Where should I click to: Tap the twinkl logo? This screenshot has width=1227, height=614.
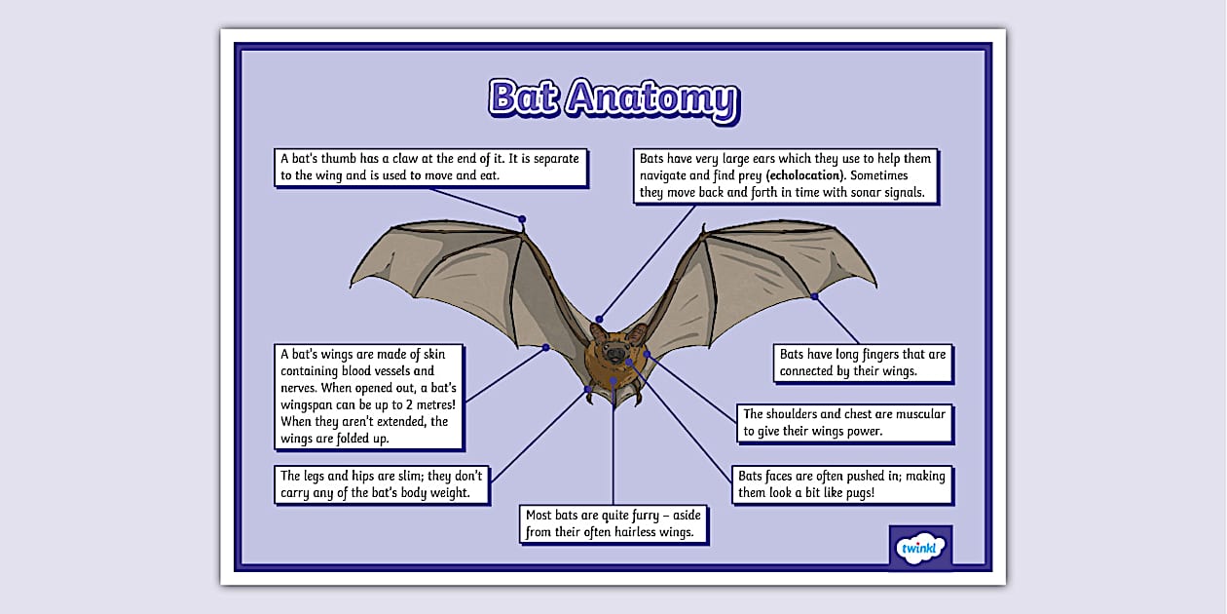pos(920,548)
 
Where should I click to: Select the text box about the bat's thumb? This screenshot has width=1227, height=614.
pos(430,167)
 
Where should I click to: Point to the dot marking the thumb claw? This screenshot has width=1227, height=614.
pos(522,219)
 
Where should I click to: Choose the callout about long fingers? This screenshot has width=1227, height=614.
pos(862,363)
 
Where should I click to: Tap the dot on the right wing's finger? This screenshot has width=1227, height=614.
pos(814,295)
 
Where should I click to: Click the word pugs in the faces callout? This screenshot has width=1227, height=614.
pos(858,493)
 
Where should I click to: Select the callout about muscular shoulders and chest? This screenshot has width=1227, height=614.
pos(843,423)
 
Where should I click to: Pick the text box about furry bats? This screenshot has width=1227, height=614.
pos(613,524)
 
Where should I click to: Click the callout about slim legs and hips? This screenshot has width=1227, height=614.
pos(383,484)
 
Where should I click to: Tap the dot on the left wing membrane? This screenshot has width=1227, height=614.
pos(546,347)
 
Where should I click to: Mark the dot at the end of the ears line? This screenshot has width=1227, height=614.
pos(600,319)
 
